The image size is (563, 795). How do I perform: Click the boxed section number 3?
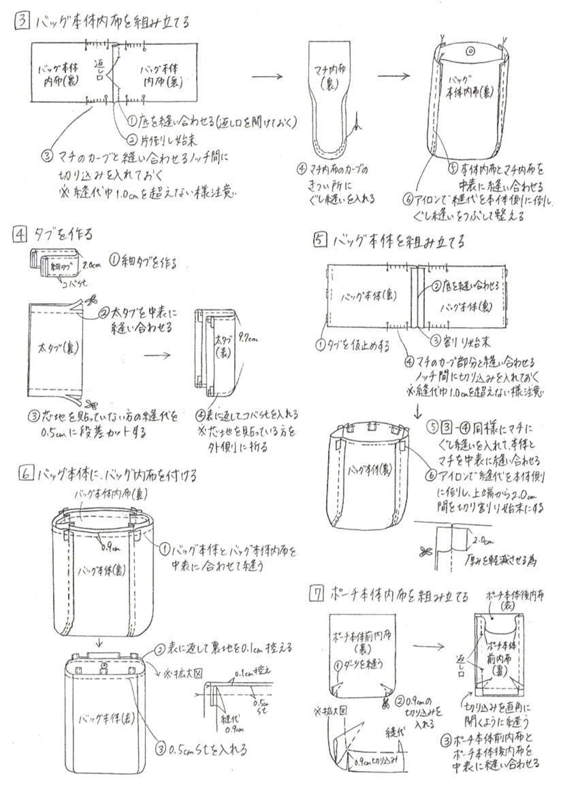[x=22, y=21]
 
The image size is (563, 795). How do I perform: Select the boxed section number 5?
[x=320, y=240]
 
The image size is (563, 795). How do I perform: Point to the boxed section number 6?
[x=26, y=473]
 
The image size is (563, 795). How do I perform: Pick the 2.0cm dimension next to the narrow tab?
[x=91, y=265]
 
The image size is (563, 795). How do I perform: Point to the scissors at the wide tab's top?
[x=91, y=301]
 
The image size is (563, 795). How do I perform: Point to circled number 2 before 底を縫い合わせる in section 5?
[x=436, y=286]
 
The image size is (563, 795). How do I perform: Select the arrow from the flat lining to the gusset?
[x=267, y=76]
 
